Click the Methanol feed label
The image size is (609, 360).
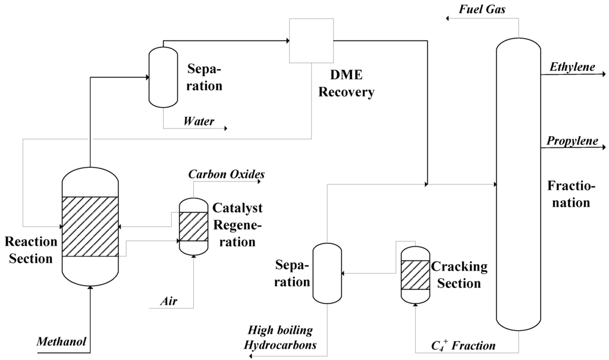tap(62, 342)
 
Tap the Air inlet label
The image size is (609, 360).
tap(168, 300)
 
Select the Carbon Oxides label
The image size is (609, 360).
tap(227, 174)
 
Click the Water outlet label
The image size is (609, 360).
tap(199, 121)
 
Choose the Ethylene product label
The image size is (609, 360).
tap(571, 67)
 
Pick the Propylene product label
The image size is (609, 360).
tap(571, 140)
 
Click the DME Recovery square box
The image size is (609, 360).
tap(311, 40)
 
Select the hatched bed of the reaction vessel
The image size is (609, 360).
tap(90, 226)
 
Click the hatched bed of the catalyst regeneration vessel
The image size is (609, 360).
tap(193, 226)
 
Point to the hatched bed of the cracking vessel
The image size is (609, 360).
tap(415, 274)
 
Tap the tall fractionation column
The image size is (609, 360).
tap(518, 184)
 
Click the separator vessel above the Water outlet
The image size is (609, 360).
tap(162, 77)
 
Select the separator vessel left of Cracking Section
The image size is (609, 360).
tap(327, 274)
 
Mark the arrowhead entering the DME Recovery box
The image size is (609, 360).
tap(286, 40)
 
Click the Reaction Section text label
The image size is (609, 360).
tap(30, 250)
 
